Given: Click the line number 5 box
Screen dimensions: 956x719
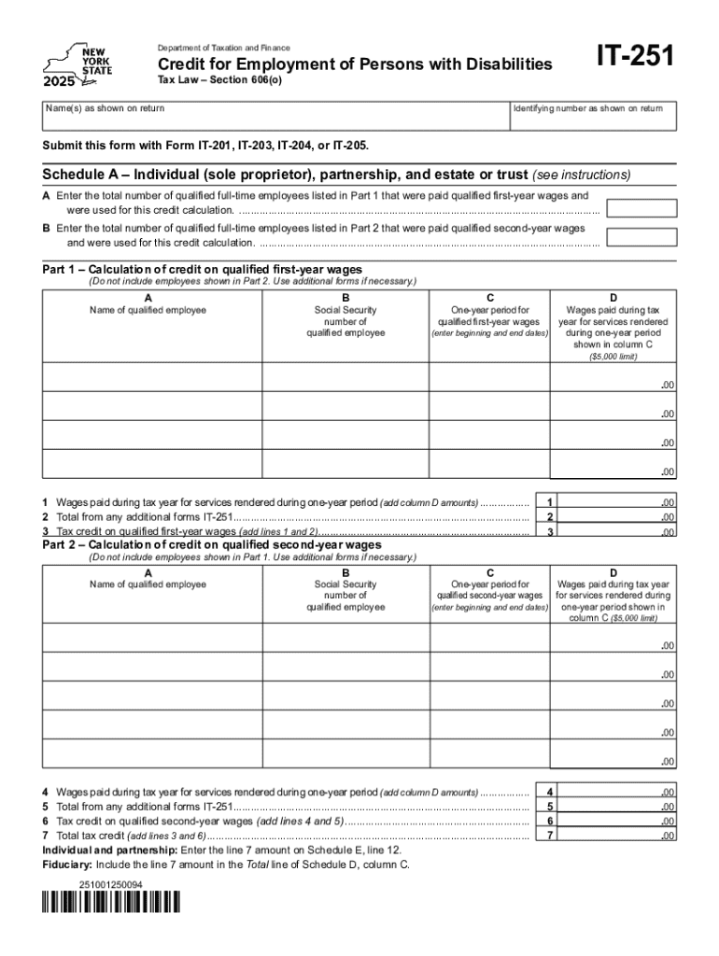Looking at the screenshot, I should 551,806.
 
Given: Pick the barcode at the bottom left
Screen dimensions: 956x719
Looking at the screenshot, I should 111,903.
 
